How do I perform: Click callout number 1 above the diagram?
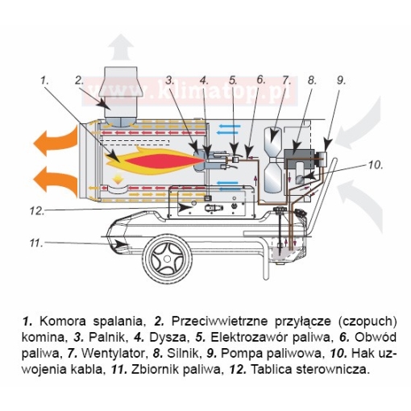point(45,80)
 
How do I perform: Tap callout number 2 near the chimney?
point(80,80)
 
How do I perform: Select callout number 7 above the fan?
point(285,80)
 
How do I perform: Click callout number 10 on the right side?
point(376,165)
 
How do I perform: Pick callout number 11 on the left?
point(35,242)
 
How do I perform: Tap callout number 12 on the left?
point(35,211)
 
